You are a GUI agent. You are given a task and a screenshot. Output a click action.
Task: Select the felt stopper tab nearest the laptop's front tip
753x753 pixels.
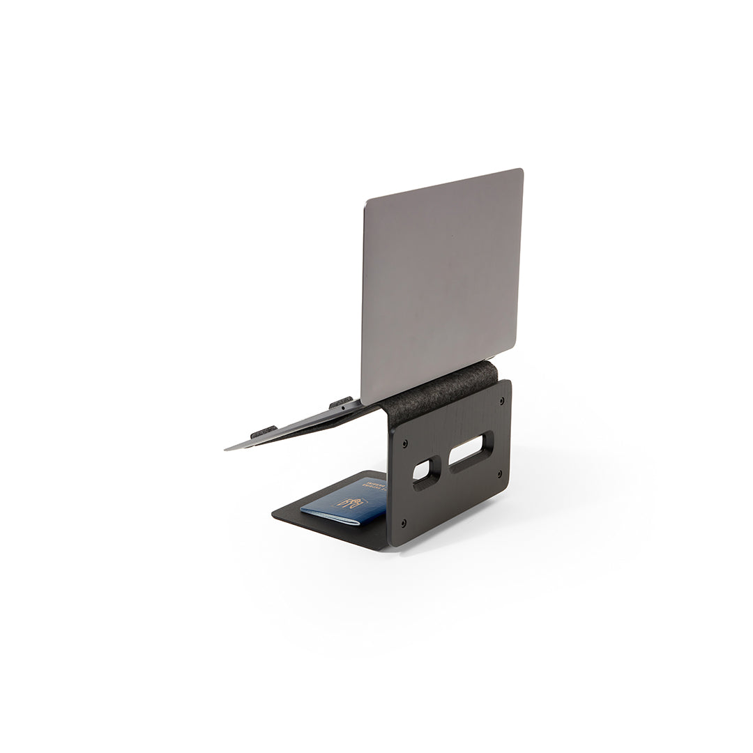pyautogui.click(x=262, y=432)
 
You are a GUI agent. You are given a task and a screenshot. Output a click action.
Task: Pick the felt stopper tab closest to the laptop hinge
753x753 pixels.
pyautogui.click(x=341, y=402)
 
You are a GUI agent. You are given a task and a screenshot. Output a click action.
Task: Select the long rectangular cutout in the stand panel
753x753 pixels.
pyautogui.click(x=471, y=451)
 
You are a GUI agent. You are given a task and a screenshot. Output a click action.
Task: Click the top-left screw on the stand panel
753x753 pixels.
pyautogui.click(x=405, y=443)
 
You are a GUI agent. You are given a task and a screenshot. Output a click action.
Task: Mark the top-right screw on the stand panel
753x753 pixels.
pyautogui.click(x=501, y=403)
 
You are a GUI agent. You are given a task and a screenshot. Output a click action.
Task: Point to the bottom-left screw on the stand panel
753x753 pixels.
pyautogui.click(x=404, y=524)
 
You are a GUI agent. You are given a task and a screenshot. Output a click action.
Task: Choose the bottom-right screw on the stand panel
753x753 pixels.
pyautogui.click(x=499, y=474)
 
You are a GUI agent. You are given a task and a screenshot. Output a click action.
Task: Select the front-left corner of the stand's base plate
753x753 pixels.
pyautogui.click(x=273, y=515)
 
